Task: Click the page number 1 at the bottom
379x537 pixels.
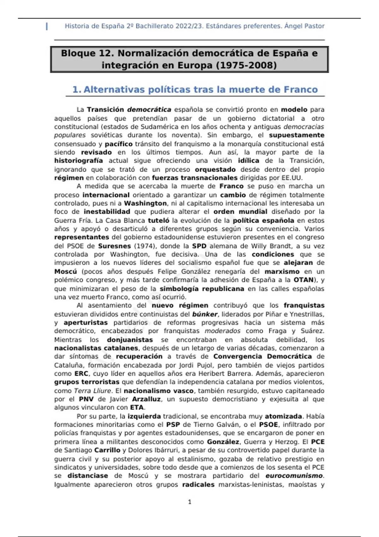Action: click(x=189, y=502)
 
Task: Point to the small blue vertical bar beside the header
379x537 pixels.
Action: click(x=47, y=26)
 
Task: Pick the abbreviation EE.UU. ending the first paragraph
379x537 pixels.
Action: click(x=292, y=178)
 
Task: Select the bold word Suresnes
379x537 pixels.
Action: click(x=114, y=246)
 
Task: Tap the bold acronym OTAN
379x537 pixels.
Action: click(x=304, y=280)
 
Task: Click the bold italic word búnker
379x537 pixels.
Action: click(x=205, y=314)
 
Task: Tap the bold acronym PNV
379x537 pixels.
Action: click(x=86, y=399)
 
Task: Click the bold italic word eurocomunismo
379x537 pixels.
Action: click(x=294, y=476)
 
